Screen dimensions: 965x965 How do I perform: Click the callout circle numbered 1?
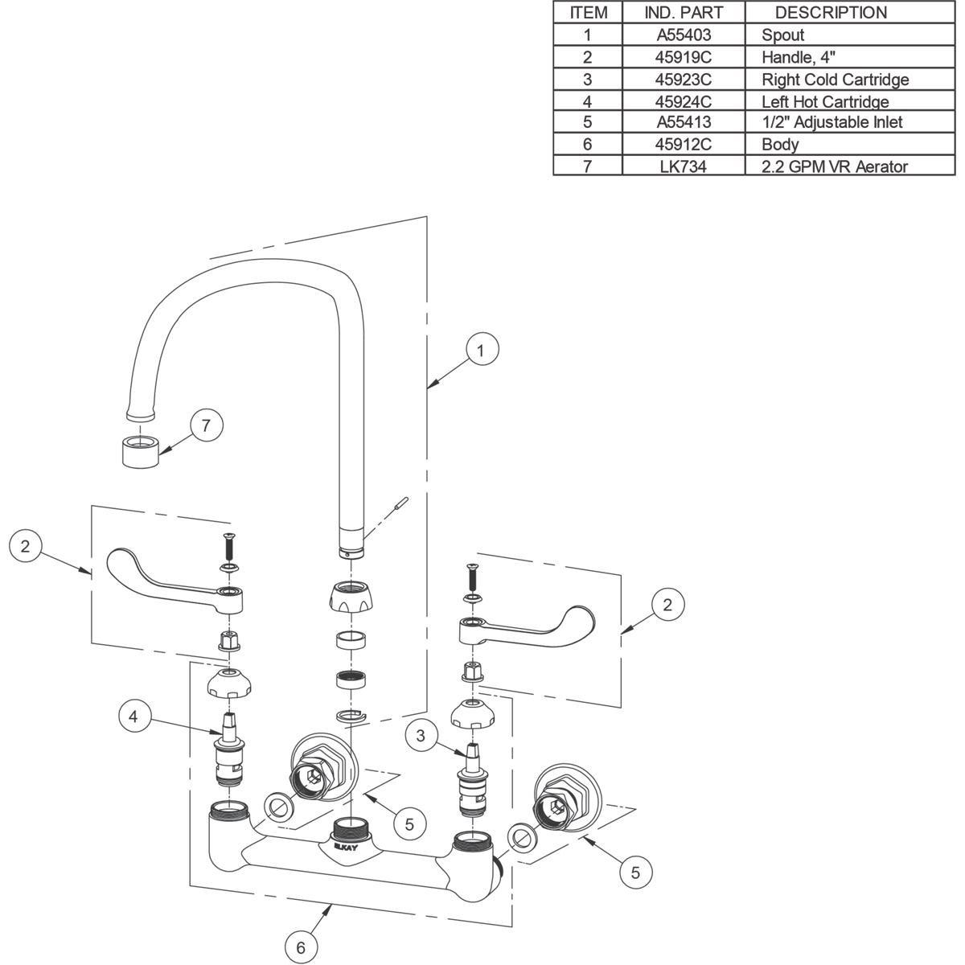(480, 351)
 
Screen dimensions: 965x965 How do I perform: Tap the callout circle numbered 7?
(206, 425)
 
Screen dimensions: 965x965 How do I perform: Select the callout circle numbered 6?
(301, 947)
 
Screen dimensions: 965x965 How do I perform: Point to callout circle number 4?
(136, 717)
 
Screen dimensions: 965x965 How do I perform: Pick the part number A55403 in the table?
(684, 35)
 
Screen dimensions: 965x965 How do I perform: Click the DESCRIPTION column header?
(830, 13)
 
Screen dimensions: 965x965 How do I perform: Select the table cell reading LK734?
(684, 166)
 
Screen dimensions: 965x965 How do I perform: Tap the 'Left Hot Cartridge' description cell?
(825, 101)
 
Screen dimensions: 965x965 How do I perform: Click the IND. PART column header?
(684, 13)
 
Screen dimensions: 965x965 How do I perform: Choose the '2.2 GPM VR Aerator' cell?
(834, 166)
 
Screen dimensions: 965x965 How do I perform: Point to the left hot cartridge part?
(229, 753)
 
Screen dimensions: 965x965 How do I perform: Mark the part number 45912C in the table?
(684, 145)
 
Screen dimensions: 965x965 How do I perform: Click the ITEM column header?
(588, 13)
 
